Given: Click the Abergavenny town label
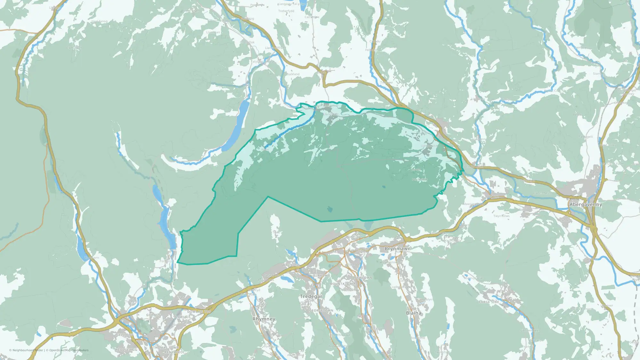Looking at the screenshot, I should (x=586, y=204).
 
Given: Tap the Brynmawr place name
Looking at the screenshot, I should (x=397, y=249).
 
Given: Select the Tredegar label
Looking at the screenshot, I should (x=311, y=297).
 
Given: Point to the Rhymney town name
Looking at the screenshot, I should (x=264, y=319).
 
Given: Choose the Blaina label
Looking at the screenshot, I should (x=413, y=313).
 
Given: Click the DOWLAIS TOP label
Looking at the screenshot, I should (x=199, y=312).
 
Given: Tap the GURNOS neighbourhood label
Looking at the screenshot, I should (x=153, y=315).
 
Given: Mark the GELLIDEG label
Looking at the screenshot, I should (x=124, y=335).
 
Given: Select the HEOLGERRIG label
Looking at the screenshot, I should (x=126, y=350).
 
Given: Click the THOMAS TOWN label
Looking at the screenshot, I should (x=166, y=348).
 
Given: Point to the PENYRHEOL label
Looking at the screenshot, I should (x=174, y=352).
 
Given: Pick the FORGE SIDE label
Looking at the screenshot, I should (x=489, y=302).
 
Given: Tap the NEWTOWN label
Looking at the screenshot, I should (x=363, y=278).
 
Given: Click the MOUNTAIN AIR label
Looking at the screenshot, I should (x=343, y=284).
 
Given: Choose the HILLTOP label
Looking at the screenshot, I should (x=348, y=290).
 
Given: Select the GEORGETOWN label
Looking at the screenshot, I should (x=321, y=310).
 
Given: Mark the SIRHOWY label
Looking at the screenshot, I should (x=322, y=276).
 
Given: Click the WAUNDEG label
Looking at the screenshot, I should (x=291, y=265).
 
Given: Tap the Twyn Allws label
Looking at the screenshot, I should (x=501, y=216).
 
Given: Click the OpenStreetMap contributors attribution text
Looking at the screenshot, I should (x=69, y=350).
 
